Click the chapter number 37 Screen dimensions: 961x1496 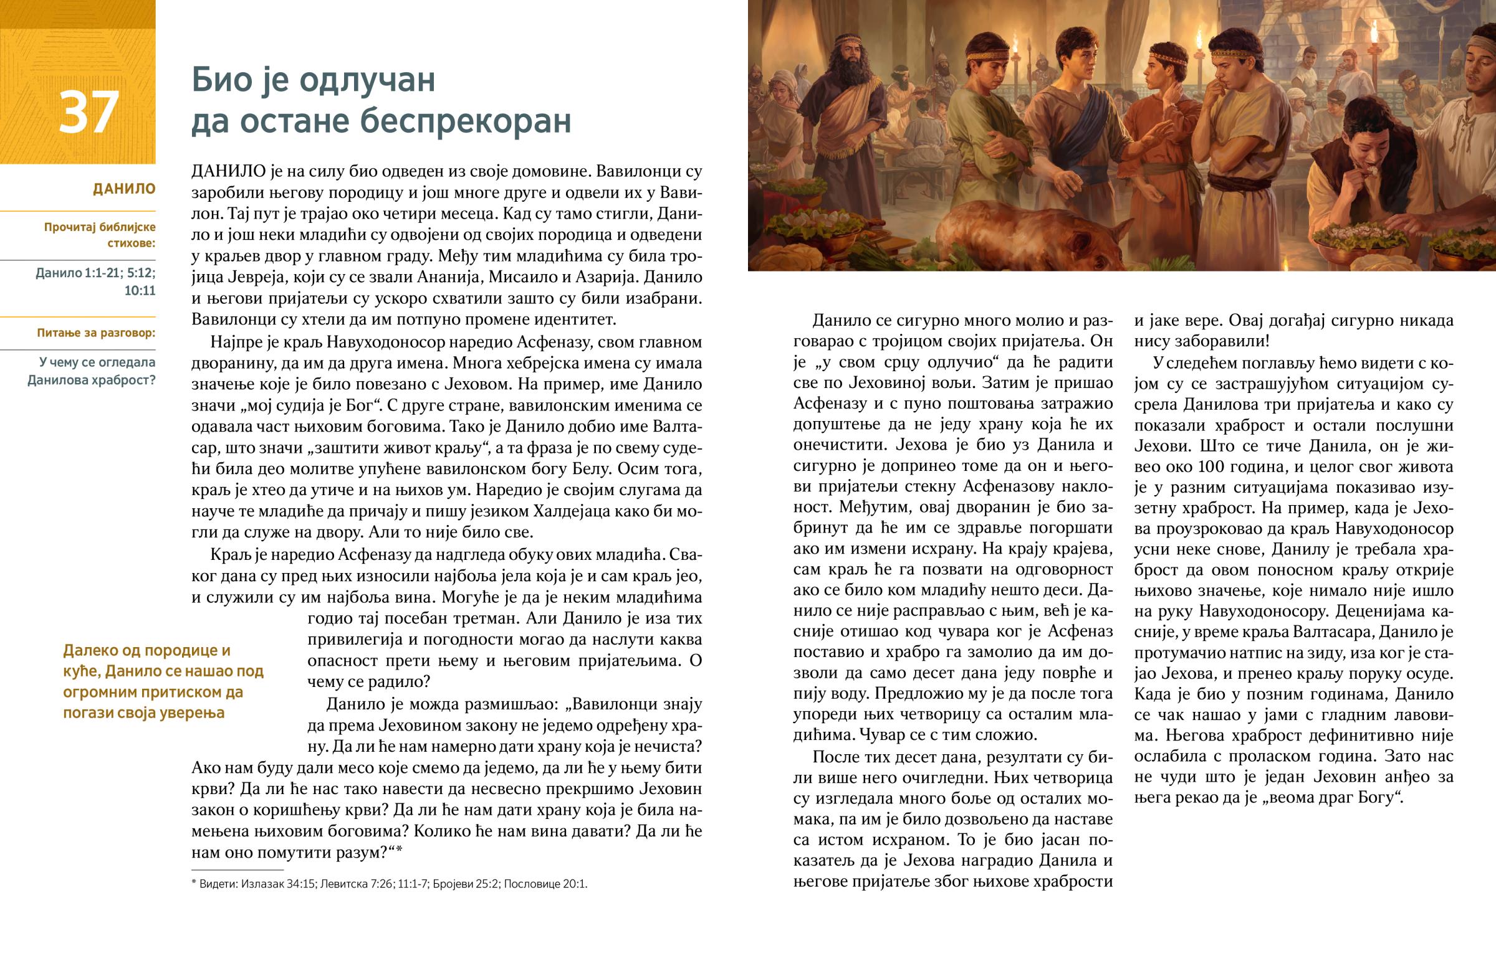(89, 112)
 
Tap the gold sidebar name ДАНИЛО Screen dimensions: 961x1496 (123, 189)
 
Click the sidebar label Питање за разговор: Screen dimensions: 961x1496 (96, 333)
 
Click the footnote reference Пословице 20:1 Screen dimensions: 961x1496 (545, 884)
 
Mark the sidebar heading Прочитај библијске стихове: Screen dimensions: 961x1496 (100, 235)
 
